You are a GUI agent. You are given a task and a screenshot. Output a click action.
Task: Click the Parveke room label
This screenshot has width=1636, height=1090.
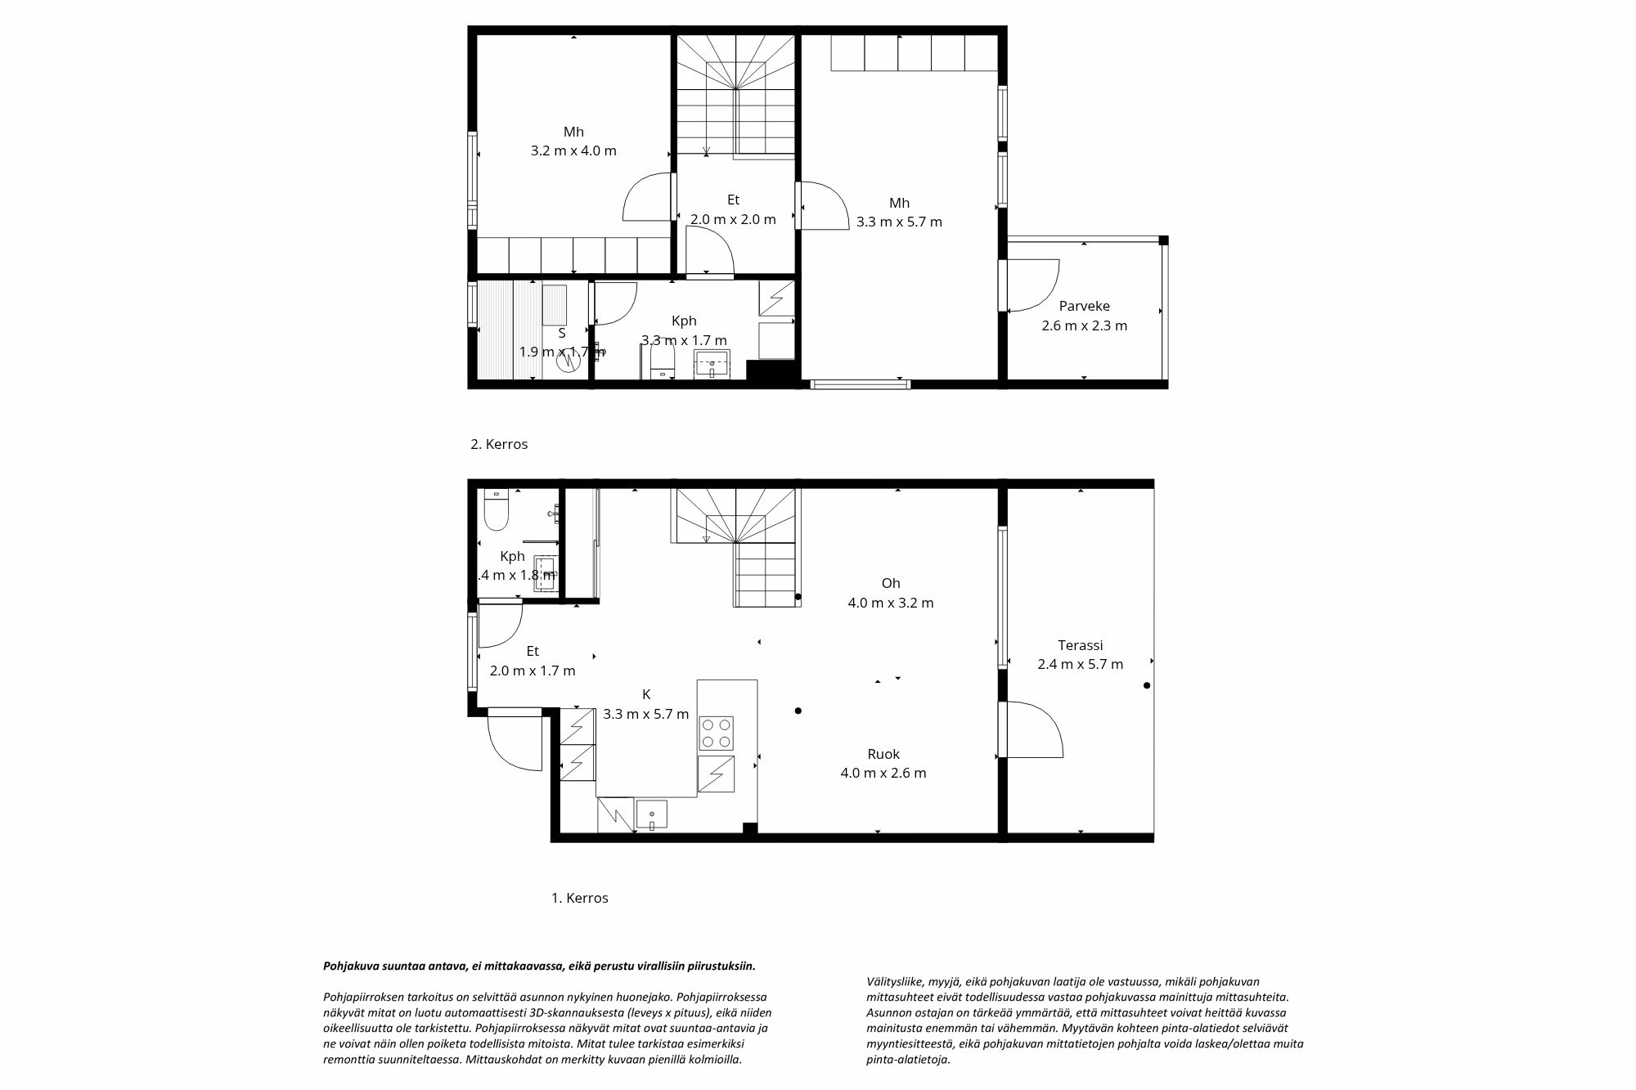1084,307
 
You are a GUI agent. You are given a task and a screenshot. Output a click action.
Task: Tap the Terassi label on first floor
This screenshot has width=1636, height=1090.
1080,645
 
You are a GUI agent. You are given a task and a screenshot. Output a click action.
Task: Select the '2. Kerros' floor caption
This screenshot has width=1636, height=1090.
499,445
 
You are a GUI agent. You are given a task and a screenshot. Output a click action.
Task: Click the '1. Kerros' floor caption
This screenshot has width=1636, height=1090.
579,898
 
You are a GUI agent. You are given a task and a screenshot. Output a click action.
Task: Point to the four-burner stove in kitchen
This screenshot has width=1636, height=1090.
716,733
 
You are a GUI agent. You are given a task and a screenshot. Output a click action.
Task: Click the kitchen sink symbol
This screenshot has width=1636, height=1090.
651,815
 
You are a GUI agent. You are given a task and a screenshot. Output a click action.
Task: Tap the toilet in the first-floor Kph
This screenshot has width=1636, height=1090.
496,514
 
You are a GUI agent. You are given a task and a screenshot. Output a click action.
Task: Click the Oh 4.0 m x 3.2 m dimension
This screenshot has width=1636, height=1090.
890,603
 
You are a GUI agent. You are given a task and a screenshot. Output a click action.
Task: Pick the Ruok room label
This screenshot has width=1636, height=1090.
883,754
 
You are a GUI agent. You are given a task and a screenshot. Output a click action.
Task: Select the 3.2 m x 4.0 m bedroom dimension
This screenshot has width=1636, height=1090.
573,151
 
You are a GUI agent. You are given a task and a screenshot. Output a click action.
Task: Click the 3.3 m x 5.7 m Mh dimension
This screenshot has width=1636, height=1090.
899,222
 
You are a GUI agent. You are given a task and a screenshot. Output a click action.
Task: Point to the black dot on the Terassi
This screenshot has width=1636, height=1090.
1147,685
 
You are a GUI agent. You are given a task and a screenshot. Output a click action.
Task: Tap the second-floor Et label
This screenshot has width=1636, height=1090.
733,200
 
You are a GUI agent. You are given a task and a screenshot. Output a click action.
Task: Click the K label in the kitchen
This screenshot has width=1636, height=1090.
646,694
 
